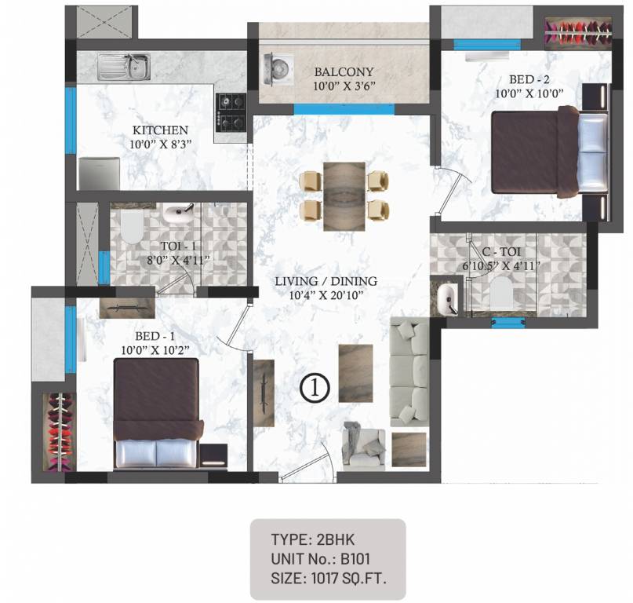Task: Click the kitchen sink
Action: [124, 66]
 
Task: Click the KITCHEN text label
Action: [160, 130]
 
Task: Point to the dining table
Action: [344, 194]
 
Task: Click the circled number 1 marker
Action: [315, 386]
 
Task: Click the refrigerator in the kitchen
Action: [99, 173]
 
